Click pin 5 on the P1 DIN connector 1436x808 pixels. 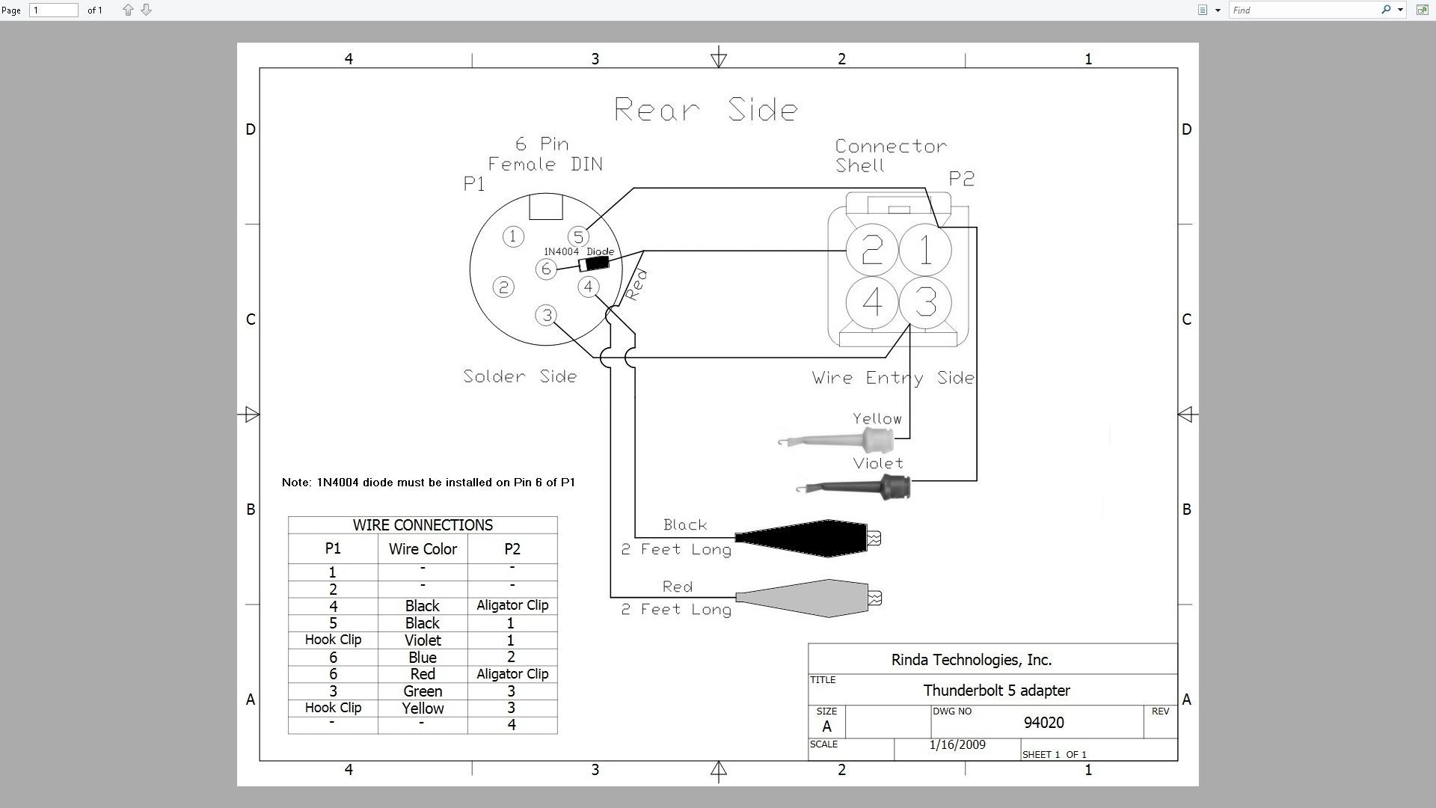(x=577, y=237)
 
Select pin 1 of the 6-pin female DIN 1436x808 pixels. (x=513, y=236)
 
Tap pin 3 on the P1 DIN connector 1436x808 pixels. (x=547, y=316)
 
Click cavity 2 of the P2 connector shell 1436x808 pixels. (x=872, y=250)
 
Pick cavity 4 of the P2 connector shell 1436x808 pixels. (x=872, y=302)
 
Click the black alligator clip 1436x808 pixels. (x=808, y=538)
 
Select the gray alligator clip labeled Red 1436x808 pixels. (x=808, y=598)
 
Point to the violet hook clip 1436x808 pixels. (x=853, y=488)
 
